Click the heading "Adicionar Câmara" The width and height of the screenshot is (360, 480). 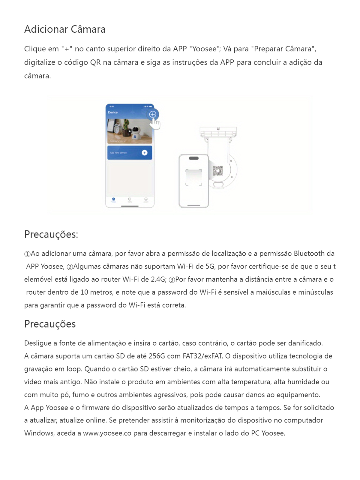pos(65,29)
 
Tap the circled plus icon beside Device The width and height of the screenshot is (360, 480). pos(153,114)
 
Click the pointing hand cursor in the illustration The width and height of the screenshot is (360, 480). pos(155,124)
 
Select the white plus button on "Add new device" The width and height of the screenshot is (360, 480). pos(145,153)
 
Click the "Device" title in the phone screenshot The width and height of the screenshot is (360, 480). pos(113,112)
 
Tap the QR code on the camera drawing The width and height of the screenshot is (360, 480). pos(218,171)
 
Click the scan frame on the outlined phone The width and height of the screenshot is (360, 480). pos(194,178)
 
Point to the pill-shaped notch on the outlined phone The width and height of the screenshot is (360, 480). pos(193,158)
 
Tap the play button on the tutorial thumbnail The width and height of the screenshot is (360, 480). pos(129,131)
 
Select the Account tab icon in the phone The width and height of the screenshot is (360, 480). pos(146,199)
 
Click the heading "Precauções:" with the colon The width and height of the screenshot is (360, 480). pos(51,234)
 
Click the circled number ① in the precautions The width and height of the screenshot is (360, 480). pos(27,254)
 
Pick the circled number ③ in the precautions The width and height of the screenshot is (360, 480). pos(172,280)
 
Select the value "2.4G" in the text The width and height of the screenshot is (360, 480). pos(158,279)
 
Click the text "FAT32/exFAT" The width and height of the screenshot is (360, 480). pos(202,356)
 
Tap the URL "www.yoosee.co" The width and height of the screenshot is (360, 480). pos(107,433)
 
